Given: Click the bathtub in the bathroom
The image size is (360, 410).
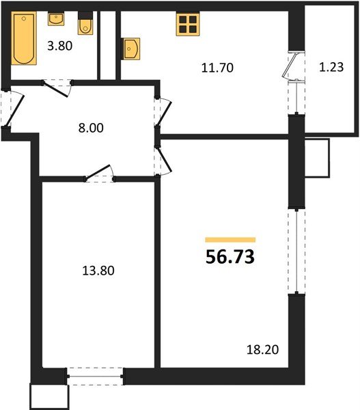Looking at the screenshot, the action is (24, 38).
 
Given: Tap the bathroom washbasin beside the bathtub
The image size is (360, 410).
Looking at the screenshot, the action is (56, 19).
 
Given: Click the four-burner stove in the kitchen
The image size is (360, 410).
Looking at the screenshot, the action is (188, 24).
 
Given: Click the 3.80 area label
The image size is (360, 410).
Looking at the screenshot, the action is (60, 46).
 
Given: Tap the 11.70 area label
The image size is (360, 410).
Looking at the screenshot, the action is (217, 68).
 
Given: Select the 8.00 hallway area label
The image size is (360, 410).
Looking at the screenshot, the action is (91, 128).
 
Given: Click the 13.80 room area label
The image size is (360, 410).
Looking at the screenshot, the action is (98, 271).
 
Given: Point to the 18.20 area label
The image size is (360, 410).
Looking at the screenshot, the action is (262, 350).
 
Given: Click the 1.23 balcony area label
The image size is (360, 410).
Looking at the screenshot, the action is (331, 67).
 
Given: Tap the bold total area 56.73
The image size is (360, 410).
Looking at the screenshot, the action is (230, 256).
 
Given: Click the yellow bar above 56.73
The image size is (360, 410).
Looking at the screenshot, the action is (230, 240).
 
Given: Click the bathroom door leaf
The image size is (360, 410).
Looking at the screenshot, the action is (55, 89).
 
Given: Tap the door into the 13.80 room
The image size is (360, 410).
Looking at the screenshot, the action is (97, 172).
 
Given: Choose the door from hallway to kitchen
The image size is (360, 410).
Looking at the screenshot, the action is (165, 113).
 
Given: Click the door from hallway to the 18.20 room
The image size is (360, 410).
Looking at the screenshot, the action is (165, 160).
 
